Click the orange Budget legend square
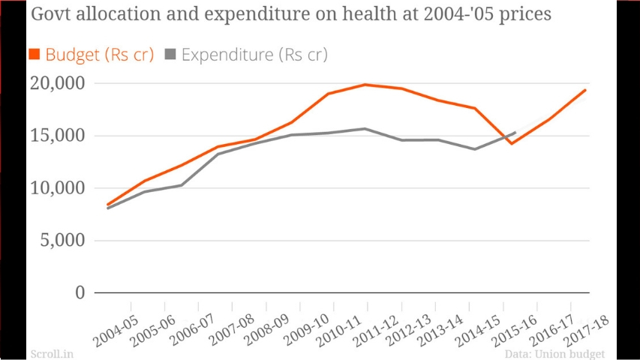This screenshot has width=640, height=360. coord(35,55)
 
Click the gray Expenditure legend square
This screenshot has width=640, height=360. coord(170,55)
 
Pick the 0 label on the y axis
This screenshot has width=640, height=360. coord(79,292)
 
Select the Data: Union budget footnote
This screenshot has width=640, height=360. coord(554,353)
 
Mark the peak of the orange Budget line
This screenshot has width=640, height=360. coord(365,84)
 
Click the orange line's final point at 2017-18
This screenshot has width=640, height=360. coord(585,90)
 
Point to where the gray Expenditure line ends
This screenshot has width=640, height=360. coord(515,133)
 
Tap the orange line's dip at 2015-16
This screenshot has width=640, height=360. coord(512,143)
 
